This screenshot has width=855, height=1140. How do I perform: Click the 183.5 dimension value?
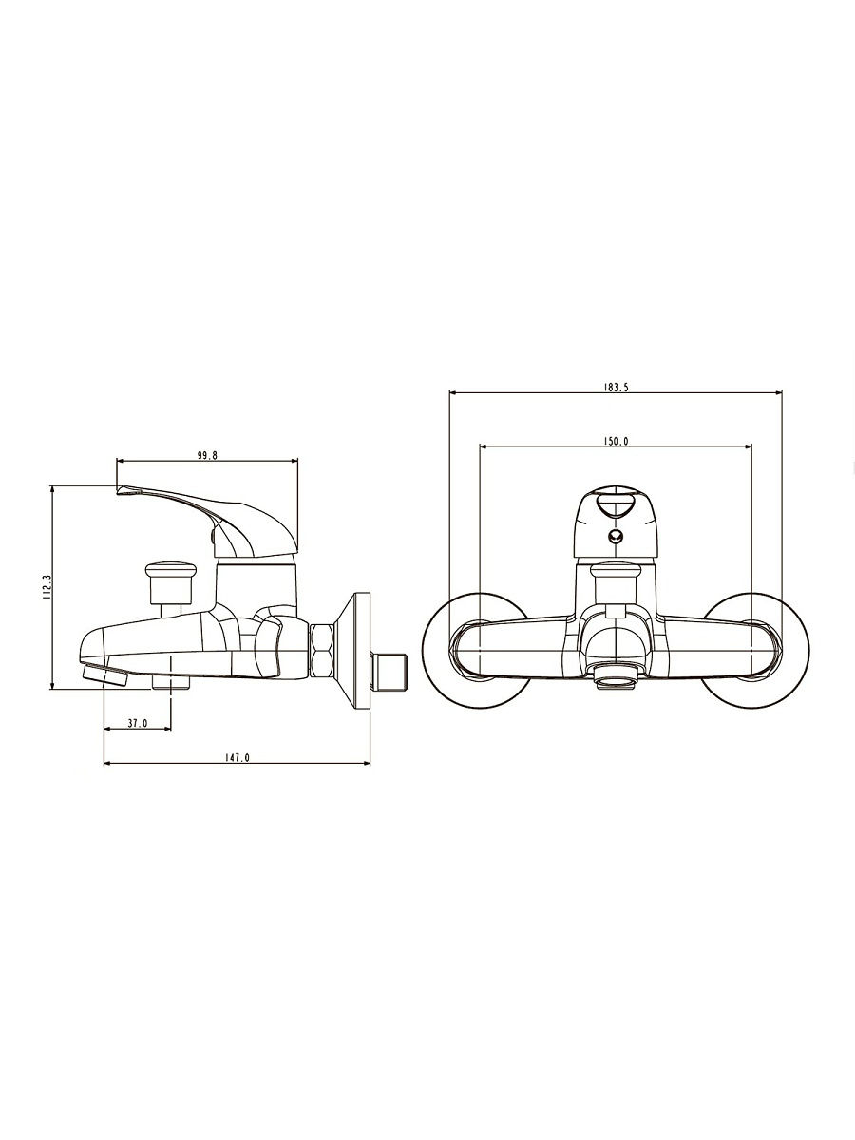616,387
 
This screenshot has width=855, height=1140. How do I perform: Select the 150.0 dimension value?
616,441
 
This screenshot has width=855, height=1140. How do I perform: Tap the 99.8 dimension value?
207,455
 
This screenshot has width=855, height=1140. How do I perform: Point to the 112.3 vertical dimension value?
47,587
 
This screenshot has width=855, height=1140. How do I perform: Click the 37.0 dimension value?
138,723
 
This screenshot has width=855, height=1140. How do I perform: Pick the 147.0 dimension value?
237,758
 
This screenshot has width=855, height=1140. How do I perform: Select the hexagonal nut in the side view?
322,650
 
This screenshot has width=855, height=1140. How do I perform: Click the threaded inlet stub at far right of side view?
389,672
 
